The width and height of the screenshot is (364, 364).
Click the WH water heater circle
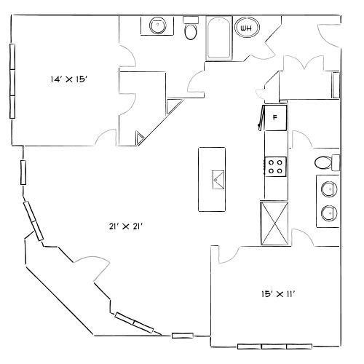pyautogui.click(x=247, y=28)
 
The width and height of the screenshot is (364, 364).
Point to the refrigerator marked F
pyautogui.click(x=275, y=117)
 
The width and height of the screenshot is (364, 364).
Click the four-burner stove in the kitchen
pyautogui.click(x=275, y=166)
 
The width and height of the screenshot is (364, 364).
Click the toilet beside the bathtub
pyautogui.click(x=191, y=29)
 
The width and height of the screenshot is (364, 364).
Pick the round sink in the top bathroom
pyautogui.click(x=157, y=26)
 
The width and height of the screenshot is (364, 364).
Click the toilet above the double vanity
pyautogui.click(x=325, y=162)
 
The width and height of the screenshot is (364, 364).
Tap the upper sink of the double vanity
pyautogui.click(x=328, y=189)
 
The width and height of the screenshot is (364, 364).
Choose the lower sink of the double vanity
pyautogui.click(x=328, y=213)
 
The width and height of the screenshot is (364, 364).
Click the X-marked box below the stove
pyautogui.click(x=274, y=223)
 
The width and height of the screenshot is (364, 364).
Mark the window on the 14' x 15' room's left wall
pyautogui.click(x=12, y=82)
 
